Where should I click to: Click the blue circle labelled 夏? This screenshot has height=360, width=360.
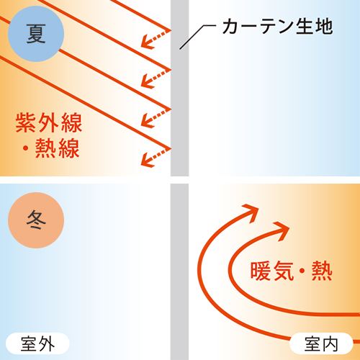click(x=36, y=34)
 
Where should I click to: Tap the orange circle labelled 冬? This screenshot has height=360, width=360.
click(x=36, y=220)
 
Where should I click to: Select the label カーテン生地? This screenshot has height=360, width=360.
click(x=278, y=26)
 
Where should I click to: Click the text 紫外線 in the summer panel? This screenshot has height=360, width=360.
click(x=49, y=122)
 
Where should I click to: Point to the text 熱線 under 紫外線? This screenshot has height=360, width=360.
click(x=58, y=148)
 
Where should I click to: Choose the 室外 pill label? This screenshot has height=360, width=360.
click(x=37, y=343)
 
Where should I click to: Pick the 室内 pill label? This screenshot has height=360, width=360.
click(x=321, y=343)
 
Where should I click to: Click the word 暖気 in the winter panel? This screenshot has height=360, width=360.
click(x=272, y=271)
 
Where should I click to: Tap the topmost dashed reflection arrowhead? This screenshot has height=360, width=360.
click(x=147, y=42)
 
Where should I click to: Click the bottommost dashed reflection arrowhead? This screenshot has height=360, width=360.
click(x=147, y=161)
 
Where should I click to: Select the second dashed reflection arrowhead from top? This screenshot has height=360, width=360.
click(x=147, y=81)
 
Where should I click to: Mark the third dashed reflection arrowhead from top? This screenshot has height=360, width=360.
click(x=147, y=121)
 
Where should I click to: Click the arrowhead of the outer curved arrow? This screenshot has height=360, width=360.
click(x=252, y=211)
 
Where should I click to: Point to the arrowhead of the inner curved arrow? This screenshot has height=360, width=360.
click(x=283, y=230)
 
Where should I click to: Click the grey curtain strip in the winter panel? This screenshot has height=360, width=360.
click(x=179, y=272)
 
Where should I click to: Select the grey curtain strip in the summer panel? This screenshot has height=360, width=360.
click(x=179, y=88)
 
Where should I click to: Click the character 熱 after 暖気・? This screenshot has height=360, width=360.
click(x=322, y=271)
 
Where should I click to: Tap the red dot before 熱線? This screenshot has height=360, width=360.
click(x=25, y=149)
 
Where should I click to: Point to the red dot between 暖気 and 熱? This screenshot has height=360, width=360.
click(x=302, y=271)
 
